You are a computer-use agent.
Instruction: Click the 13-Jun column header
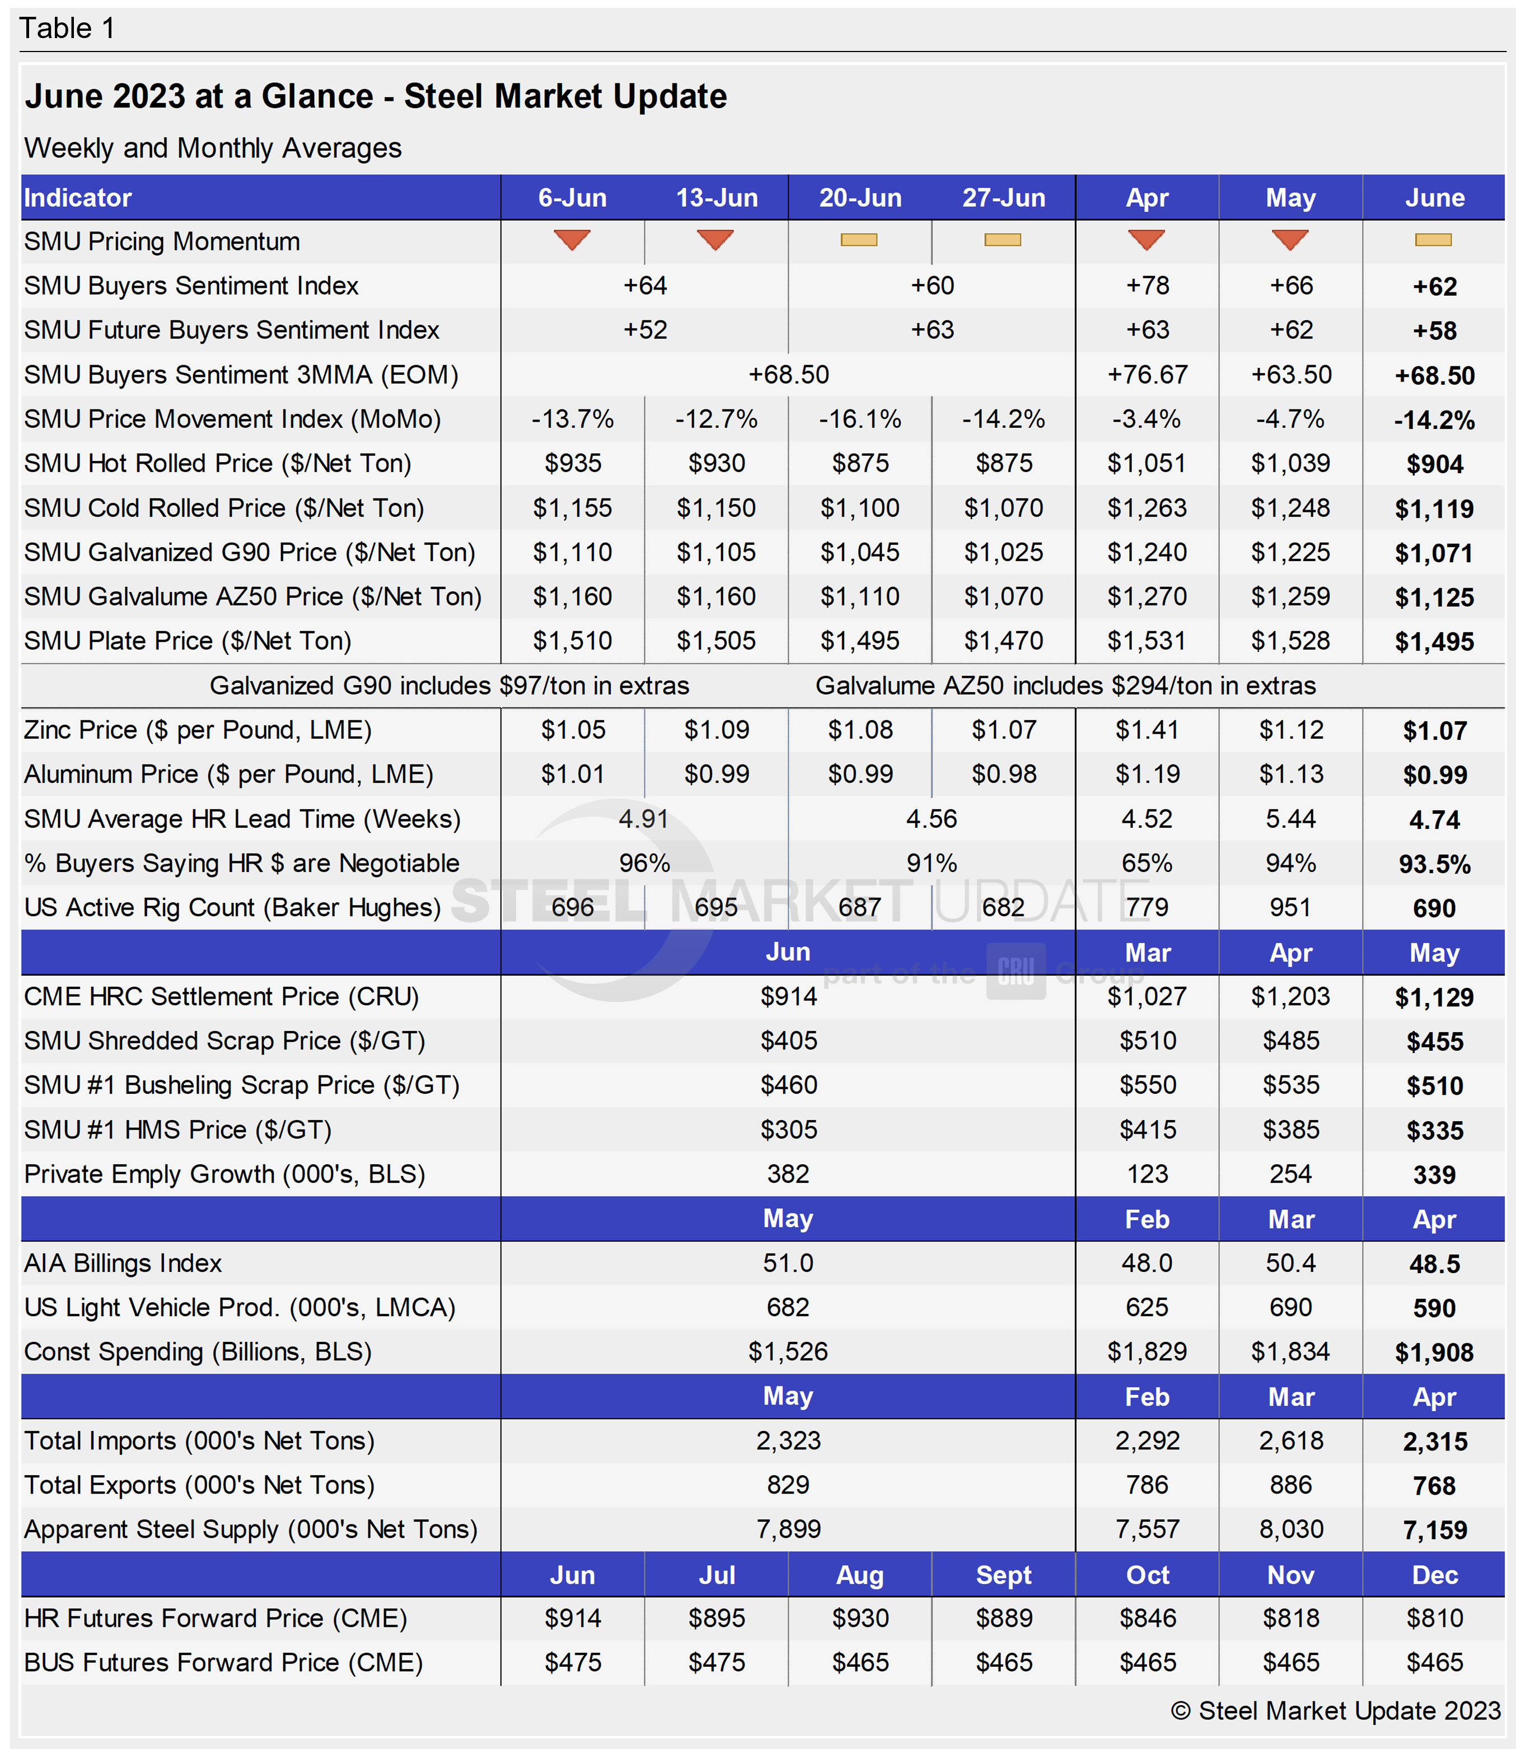click(717, 198)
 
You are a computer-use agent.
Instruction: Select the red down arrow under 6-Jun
click(572, 240)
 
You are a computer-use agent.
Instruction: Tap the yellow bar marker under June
click(1433, 240)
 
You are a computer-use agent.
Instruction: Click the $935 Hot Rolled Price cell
click(573, 464)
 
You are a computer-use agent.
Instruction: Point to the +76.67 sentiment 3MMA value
click(1147, 375)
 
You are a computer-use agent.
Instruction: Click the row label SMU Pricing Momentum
click(162, 242)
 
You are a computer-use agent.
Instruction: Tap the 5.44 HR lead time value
click(1291, 819)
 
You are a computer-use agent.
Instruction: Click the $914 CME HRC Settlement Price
click(788, 997)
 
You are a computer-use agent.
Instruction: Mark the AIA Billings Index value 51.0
click(788, 1263)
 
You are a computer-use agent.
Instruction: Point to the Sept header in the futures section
click(1003, 1575)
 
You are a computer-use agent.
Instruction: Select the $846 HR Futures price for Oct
click(1147, 1619)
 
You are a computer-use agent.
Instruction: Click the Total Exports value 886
click(1291, 1485)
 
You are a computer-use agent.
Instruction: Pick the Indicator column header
click(78, 198)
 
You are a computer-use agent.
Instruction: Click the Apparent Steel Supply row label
click(250, 1530)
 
